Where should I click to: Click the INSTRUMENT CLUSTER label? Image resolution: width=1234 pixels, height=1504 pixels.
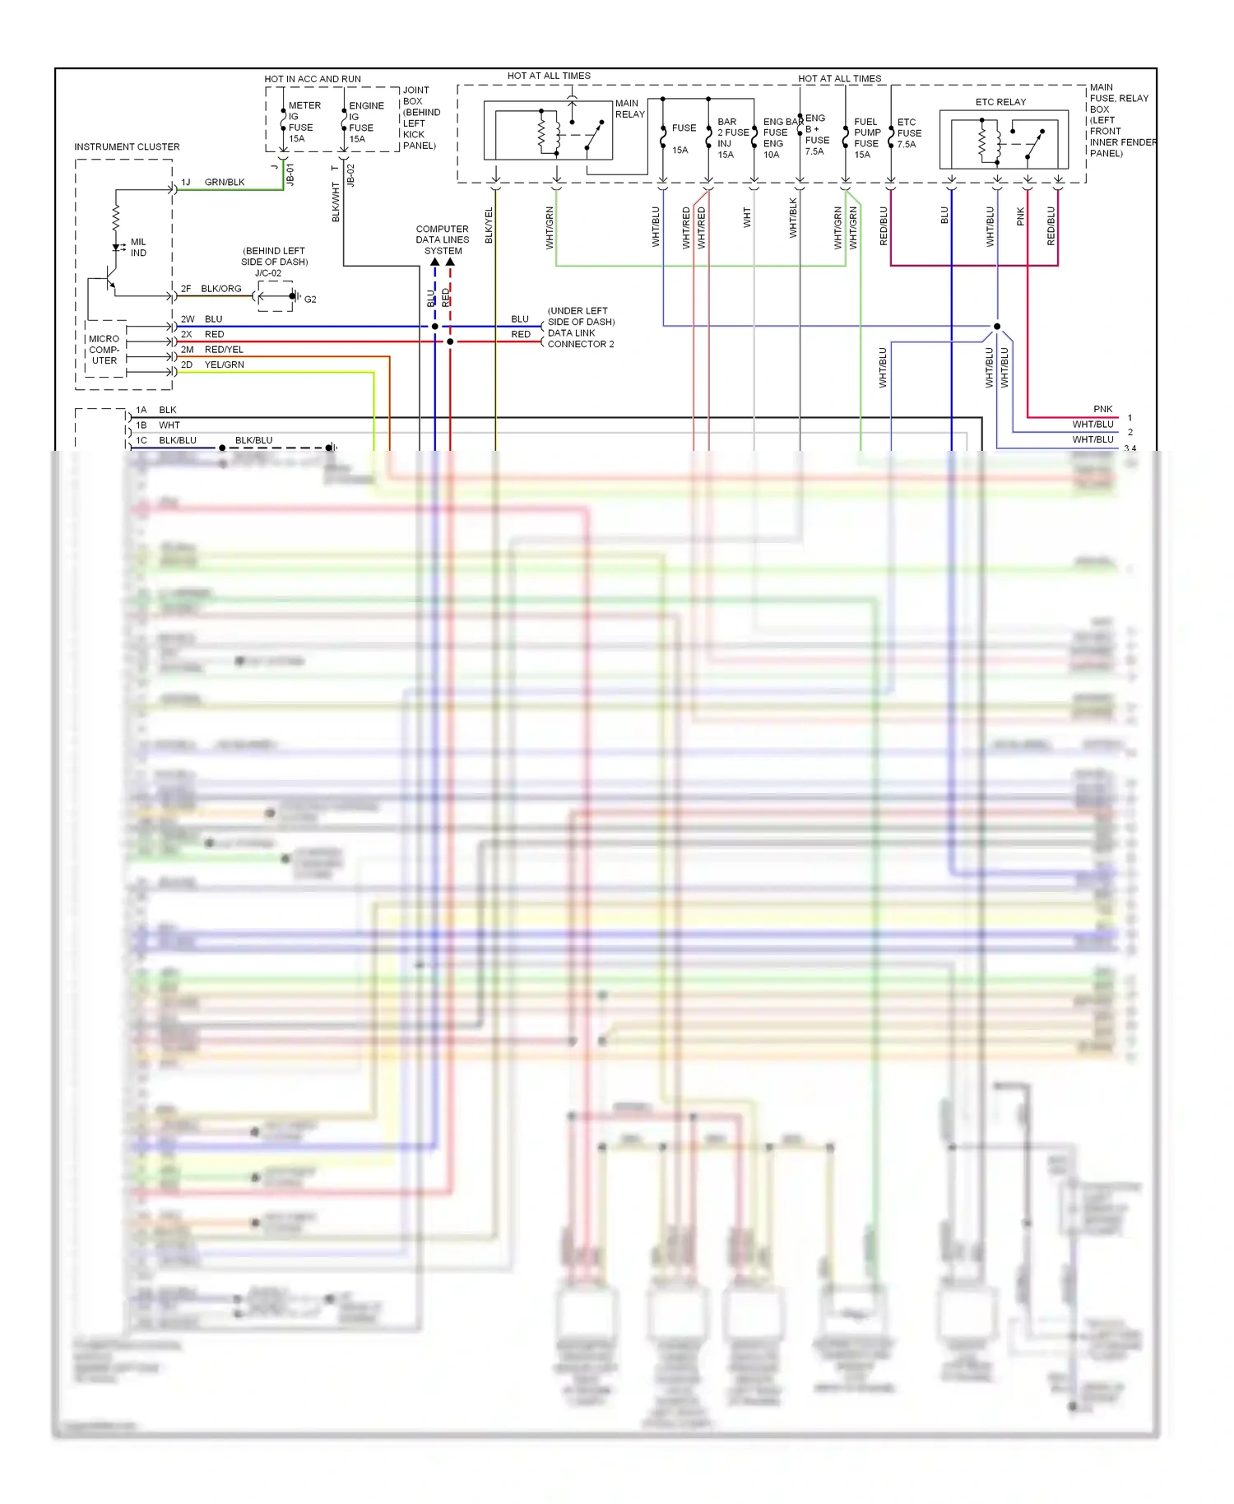point(127,147)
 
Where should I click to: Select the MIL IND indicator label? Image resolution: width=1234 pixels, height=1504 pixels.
point(138,248)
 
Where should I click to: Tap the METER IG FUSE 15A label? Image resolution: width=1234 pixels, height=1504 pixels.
point(302,123)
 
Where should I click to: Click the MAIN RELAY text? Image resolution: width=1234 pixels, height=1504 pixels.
point(629,109)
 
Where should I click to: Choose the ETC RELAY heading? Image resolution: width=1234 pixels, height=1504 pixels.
point(1000,102)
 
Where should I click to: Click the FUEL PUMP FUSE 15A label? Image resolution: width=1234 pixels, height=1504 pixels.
point(866,138)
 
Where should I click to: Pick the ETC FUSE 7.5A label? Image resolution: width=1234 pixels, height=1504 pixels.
point(908,133)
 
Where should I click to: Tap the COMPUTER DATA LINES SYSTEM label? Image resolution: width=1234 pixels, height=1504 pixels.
point(443,240)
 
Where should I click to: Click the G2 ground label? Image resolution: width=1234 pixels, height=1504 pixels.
point(310,299)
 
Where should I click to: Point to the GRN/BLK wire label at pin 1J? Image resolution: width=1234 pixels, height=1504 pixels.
point(225,183)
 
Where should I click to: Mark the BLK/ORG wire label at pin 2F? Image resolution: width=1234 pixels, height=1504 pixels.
point(221,289)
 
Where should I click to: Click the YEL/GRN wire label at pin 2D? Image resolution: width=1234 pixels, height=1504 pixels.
point(225,365)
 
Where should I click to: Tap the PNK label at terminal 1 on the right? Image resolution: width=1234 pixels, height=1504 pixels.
point(1102,410)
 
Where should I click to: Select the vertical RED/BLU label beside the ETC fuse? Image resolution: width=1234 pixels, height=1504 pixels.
point(884,225)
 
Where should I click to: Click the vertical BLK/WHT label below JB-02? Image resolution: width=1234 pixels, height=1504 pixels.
point(336,202)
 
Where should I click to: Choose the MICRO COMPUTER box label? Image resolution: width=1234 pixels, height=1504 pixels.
point(104,350)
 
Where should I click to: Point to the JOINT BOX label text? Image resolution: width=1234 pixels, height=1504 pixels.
point(420,118)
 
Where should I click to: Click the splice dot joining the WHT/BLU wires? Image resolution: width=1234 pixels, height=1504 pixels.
point(997,327)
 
